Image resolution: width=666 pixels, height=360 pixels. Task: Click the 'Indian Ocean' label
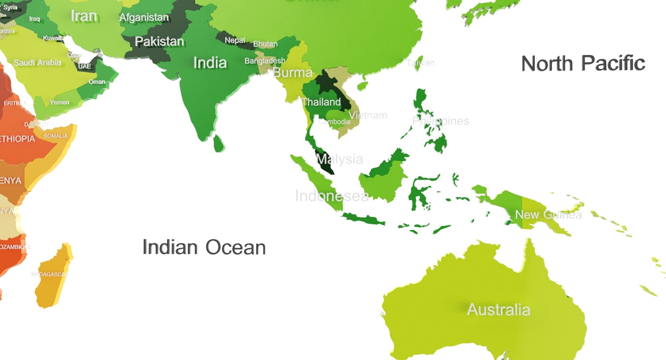tap(204, 247)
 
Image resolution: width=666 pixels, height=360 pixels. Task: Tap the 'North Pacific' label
tap(583, 63)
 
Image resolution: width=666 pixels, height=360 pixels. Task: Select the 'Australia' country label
tap(498, 309)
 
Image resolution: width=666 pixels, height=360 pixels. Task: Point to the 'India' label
tap(210, 63)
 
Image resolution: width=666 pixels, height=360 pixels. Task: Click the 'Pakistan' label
tap(159, 42)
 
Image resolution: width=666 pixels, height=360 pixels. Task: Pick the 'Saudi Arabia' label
tap(37, 63)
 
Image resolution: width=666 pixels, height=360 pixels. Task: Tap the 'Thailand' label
tap(321, 102)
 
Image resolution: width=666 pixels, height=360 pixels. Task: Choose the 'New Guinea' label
tap(548, 215)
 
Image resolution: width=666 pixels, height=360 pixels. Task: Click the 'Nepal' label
tap(235, 40)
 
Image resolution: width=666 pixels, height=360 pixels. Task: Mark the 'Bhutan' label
tap(265, 44)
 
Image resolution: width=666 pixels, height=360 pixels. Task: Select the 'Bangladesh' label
tap(265, 61)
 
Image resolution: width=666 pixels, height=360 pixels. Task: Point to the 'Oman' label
tap(97, 82)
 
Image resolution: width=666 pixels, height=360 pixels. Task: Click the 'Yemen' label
tap(59, 102)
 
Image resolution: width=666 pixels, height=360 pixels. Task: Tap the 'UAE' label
tap(85, 66)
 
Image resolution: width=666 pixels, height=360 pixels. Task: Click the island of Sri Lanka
tap(219, 143)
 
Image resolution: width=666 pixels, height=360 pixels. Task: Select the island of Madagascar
tap(54, 277)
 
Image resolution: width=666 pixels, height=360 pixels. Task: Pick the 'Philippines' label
tap(441, 121)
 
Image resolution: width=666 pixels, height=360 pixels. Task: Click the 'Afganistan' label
tap(144, 17)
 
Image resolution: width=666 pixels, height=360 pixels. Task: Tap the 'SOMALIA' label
tap(55, 136)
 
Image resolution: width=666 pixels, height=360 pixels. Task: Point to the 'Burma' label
tap(292, 73)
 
